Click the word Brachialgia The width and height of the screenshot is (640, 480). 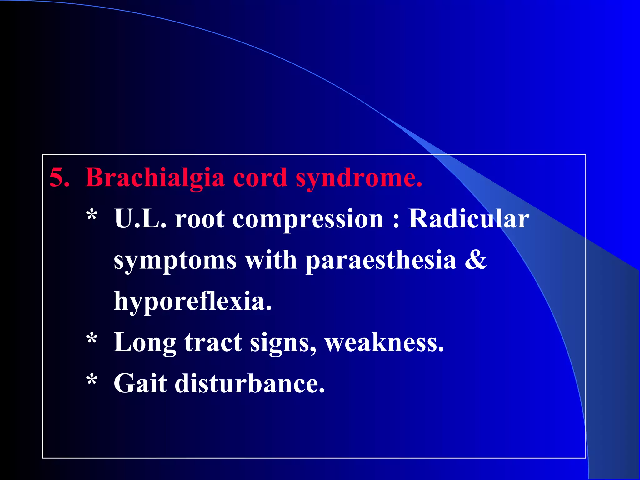tap(155, 177)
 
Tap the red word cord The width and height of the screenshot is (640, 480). tap(260, 177)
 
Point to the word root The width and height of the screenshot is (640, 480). tap(199, 219)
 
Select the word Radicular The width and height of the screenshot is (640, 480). tap(468, 219)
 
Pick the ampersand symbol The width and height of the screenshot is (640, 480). tap(476, 260)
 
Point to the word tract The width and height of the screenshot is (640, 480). tap(213, 342)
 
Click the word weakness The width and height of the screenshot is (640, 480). tap(384, 342)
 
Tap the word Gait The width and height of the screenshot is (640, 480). tap(140, 383)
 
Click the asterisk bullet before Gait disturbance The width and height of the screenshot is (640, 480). tap(92, 380)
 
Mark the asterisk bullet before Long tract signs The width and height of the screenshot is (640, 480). tap(92, 339)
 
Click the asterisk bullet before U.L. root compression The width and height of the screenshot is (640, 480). tap(92, 215)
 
